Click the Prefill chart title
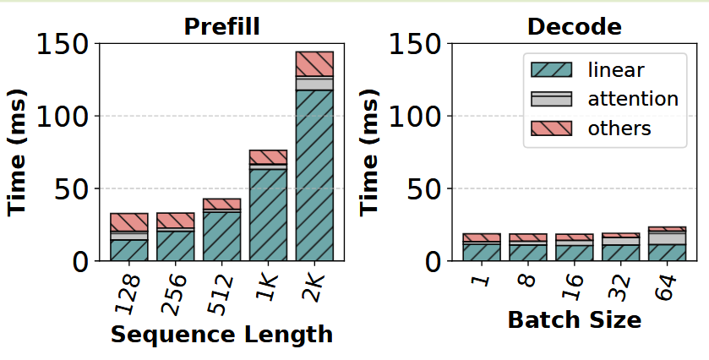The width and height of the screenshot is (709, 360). tap(221, 26)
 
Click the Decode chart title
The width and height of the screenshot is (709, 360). tap(574, 26)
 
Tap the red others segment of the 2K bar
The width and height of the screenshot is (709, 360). tap(314, 63)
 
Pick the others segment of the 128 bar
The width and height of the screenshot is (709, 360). tap(129, 222)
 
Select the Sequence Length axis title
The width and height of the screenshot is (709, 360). tap(221, 335)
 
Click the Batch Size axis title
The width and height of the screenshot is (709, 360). tap(574, 320)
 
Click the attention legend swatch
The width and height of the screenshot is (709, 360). tap(548, 99)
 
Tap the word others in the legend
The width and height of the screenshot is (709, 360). tap(619, 128)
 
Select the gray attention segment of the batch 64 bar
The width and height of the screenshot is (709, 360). tap(667, 237)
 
